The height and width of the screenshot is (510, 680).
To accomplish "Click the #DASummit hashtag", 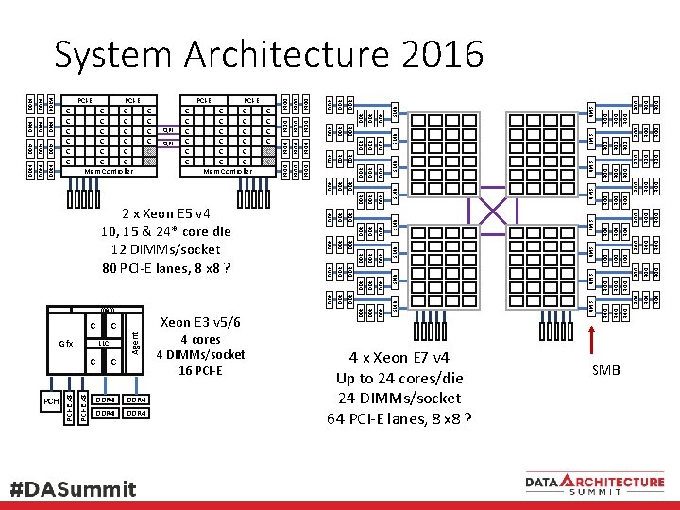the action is (73, 489).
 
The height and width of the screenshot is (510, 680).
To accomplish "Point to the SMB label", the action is (605, 370).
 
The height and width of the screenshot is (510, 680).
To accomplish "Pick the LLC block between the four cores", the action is (104, 343).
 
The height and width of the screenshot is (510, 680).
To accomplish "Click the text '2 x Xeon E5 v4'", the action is (165, 213).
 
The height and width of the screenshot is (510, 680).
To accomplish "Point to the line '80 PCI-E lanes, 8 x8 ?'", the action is (165, 267).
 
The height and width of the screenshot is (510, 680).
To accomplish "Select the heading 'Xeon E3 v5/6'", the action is (200, 322).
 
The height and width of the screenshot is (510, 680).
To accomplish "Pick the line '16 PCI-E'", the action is (200, 370).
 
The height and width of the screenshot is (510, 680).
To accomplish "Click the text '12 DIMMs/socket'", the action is (165, 249).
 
